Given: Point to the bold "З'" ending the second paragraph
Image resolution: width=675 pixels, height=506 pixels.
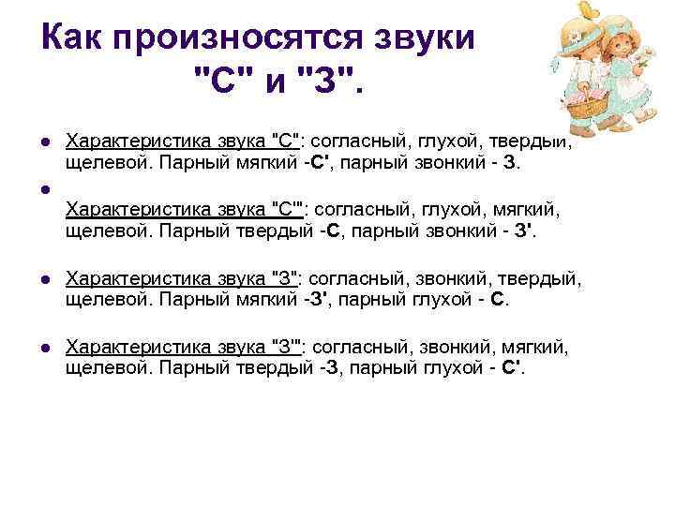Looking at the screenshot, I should (524, 231).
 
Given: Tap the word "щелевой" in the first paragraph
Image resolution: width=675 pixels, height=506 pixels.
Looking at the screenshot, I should (101, 161).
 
